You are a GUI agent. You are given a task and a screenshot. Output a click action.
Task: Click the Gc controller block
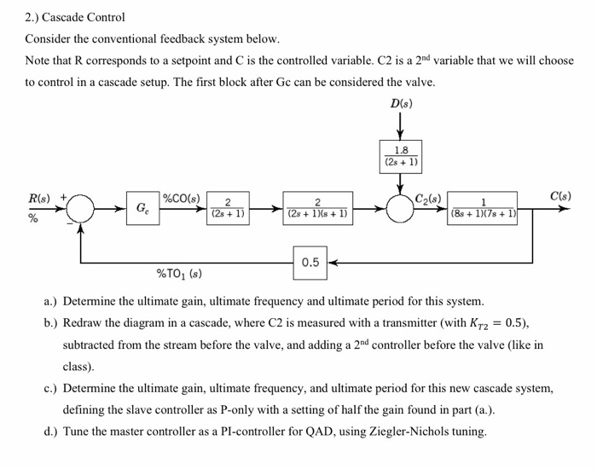click(141, 207)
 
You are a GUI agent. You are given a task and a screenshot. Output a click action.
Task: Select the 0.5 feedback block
click(310, 262)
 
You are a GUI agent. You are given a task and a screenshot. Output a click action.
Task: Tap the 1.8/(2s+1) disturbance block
click(400, 156)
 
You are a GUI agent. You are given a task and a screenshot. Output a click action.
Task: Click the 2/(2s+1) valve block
click(228, 207)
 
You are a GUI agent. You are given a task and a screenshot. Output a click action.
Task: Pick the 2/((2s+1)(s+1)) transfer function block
click(317, 207)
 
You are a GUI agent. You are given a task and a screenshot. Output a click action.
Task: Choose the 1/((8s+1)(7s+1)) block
click(483, 207)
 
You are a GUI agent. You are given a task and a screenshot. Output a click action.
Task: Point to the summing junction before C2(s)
click(400, 208)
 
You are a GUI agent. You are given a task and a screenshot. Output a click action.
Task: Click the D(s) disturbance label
click(400, 104)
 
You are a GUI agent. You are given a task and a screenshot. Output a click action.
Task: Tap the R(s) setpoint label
click(39, 198)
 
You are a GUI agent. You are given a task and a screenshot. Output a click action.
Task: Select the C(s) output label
click(560, 196)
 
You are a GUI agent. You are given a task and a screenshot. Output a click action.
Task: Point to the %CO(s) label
click(181, 199)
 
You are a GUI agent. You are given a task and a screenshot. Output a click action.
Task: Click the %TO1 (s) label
click(178, 274)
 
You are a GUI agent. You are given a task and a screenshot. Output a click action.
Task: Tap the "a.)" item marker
click(51, 302)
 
